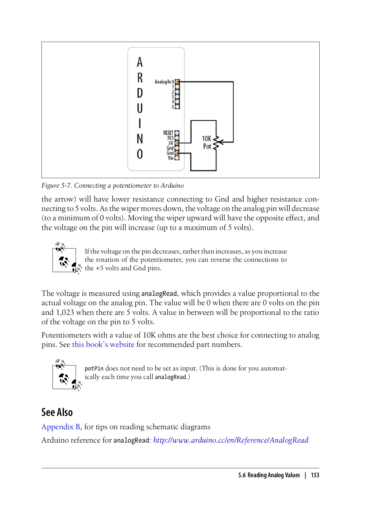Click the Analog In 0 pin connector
[x=177, y=82]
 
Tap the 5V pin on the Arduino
[x=177, y=143]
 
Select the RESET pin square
[x=177, y=133]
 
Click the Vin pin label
[x=170, y=158]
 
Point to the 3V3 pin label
[x=170, y=138]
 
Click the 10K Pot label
[x=207, y=143]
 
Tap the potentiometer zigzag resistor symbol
[x=216, y=143]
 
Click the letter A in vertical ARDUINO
[x=140, y=62]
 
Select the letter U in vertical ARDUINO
[x=140, y=108]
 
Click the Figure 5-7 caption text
[x=113, y=186]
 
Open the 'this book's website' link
[x=103, y=345]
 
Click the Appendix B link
[x=61, y=427]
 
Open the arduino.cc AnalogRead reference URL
[x=231, y=440]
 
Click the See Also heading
[x=57, y=412]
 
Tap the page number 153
[x=315, y=475]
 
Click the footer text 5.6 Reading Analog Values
[x=269, y=475]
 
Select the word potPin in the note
[x=94, y=369]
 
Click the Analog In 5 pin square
[x=177, y=107]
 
